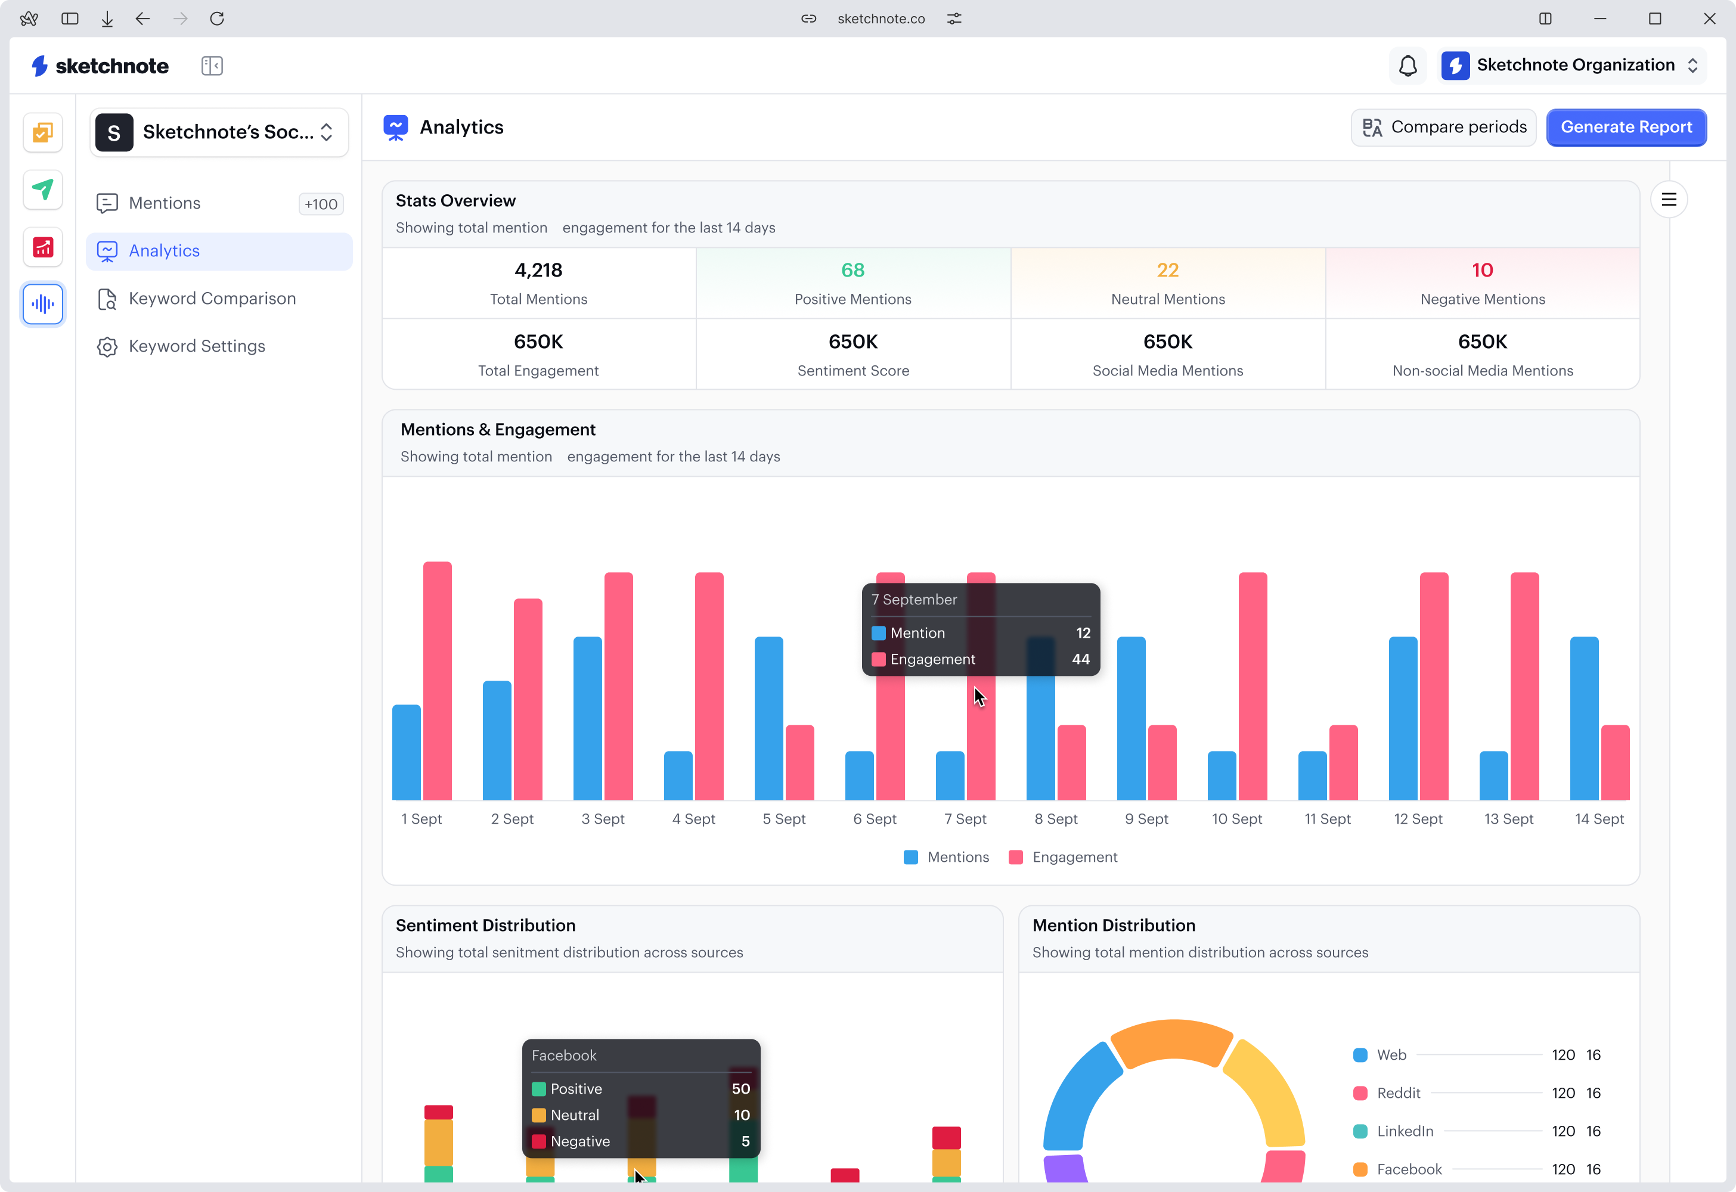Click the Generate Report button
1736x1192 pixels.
(x=1626, y=127)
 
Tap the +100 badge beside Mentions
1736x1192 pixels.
(x=321, y=204)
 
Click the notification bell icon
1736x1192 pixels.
(x=1408, y=66)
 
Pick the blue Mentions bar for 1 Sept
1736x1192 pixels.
(x=407, y=752)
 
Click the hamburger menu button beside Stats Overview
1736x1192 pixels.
(x=1668, y=200)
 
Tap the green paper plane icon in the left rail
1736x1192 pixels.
(x=42, y=190)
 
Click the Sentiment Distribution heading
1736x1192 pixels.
(x=485, y=926)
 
